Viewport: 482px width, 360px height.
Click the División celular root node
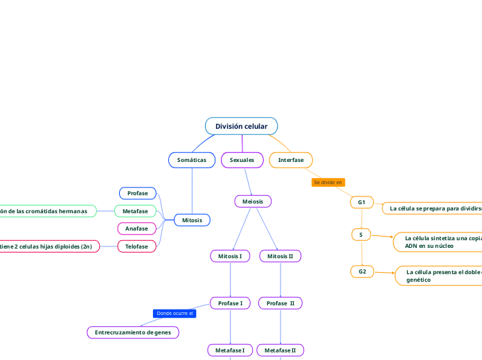[241, 126]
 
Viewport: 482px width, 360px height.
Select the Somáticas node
[192, 160]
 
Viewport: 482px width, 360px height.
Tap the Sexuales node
[242, 160]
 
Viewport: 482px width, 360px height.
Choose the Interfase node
[291, 160]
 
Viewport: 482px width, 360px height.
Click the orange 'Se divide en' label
[328, 183]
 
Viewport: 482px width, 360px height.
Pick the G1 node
[361, 202]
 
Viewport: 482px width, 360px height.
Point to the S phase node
[361, 235]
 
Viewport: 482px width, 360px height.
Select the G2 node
[362, 271]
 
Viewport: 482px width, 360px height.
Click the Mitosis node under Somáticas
[192, 220]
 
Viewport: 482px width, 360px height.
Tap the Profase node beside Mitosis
[138, 193]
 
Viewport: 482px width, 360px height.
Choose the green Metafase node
[136, 211]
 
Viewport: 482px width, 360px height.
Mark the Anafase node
[137, 228]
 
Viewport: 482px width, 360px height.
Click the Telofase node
[137, 246]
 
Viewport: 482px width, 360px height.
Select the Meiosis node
[253, 201]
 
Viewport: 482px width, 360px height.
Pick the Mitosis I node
[230, 256]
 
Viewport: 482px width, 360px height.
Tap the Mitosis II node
[280, 256]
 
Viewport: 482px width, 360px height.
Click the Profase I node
[230, 303]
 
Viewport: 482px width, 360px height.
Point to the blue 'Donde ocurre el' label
[175, 314]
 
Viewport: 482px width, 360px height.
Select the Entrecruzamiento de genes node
[133, 332]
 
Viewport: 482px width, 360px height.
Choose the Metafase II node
[280, 350]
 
